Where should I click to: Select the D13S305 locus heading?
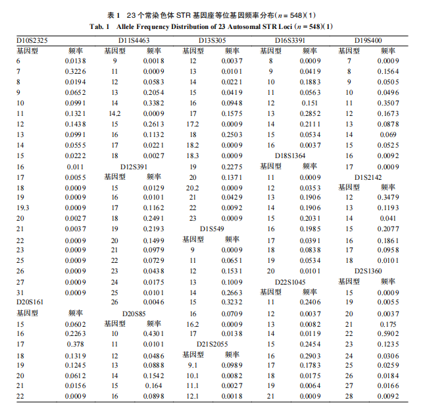(214, 41)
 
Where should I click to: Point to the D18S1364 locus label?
(290, 155)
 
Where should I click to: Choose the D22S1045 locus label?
(290, 281)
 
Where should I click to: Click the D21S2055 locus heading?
(214, 344)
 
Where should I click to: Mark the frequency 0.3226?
(76, 71)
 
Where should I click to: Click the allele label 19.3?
(23, 207)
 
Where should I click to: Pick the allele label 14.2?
(116, 113)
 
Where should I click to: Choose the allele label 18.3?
(192, 155)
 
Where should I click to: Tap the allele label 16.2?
(192, 324)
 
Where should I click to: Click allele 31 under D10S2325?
(20, 292)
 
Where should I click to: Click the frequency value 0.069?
(387, 134)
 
